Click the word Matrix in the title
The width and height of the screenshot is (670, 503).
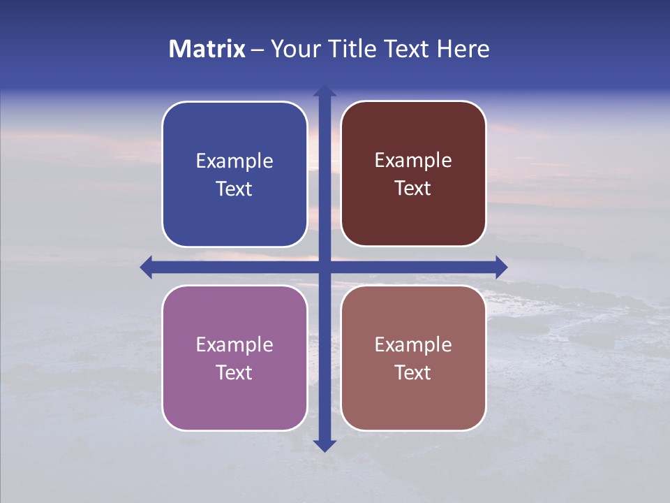pos(207,49)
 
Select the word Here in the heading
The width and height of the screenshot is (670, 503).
pos(463,49)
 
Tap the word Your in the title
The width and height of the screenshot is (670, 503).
pos(292,49)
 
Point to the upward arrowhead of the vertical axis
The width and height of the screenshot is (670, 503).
pos(325,90)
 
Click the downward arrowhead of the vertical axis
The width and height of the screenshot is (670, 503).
pos(325,445)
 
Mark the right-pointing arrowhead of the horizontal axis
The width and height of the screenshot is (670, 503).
pos(500,267)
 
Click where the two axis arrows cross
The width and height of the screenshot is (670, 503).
pos(325,267)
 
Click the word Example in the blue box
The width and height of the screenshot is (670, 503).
pos(234,161)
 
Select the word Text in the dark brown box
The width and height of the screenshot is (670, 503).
pos(413,189)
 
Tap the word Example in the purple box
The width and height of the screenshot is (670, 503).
pos(234,345)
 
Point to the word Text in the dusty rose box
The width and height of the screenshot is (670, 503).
pos(413,373)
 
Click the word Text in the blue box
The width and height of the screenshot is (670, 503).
pos(234,189)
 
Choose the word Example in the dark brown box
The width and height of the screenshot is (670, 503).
pos(413,161)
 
